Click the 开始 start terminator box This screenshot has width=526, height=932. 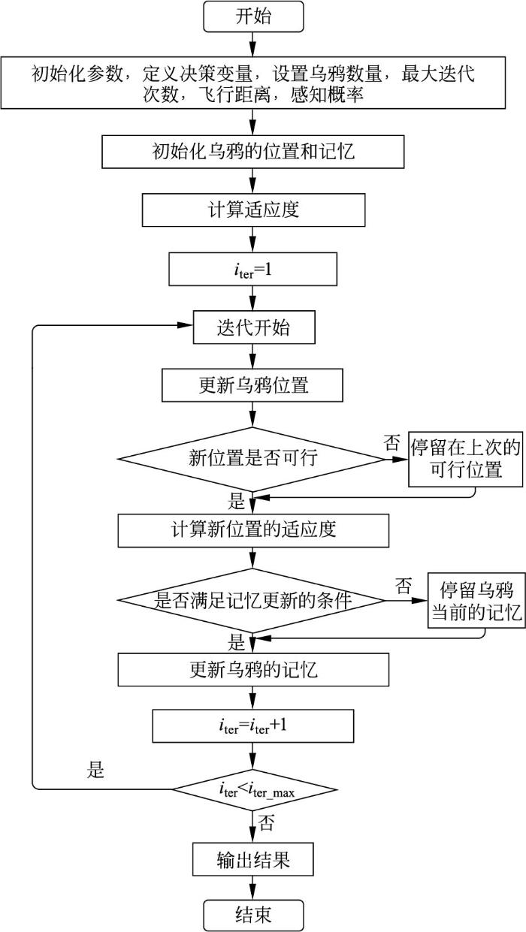pyautogui.click(x=253, y=17)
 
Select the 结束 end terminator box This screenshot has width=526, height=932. pyautogui.click(x=253, y=915)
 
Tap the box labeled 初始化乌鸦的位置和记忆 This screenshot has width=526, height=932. pyautogui.click(x=253, y=152)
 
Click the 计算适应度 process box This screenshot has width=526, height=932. pyautogui.click(x=253, y=210)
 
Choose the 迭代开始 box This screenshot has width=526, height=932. pyautogui.click(x=253, y=328)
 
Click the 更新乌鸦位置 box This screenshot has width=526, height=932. pyautogui.click(x=253, y=386)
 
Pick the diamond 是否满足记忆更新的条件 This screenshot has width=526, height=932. pyautogui.click(x=253, y=600)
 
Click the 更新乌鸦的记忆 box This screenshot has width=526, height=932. pyautogui.click(x=253, y=669)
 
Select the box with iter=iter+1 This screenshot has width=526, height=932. pyautogui.click(x=253, y=727)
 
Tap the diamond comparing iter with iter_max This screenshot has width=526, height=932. pyautogui.click(x=253, y=789)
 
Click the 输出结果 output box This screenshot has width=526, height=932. pyautogui.click(x=253, y=860)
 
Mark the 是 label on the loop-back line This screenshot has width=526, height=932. pyautogui.click(x=95, y=771)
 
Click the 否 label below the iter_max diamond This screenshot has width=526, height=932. pyautogui.click(x=266, y=825)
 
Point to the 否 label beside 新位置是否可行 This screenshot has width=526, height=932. pyautogui.click(x=391, y=442)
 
